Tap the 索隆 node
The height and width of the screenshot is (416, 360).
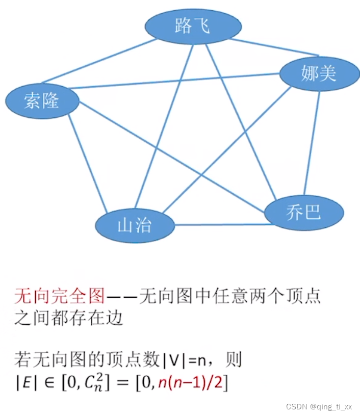42,100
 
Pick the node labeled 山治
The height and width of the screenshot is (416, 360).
135,225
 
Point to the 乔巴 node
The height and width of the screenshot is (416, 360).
303,212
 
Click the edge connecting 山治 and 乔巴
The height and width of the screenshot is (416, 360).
219,224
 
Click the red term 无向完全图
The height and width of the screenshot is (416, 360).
59,295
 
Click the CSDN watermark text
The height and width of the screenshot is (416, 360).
295,407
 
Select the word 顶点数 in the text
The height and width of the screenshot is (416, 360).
137,361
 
